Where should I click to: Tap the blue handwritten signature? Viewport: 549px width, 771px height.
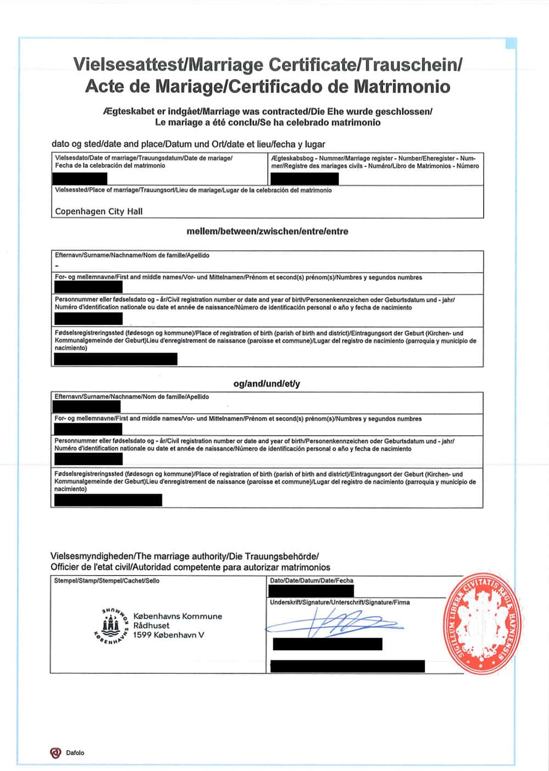[335, 624]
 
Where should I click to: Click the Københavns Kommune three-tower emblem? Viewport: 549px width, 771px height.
[111, 625]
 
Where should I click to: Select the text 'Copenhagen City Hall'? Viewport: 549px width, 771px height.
[99, 211]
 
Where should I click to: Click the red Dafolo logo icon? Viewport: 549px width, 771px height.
[55, 753]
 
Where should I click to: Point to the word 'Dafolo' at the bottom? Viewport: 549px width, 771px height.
[76, 753]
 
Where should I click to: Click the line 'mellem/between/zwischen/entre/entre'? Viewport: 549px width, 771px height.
[267, 232]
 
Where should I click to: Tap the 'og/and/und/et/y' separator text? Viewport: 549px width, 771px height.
[267, 384]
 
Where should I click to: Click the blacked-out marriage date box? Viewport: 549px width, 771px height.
[80, 178]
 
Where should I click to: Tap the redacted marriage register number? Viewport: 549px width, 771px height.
[304, 178]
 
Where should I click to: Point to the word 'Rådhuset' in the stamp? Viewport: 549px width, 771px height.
[152, 626]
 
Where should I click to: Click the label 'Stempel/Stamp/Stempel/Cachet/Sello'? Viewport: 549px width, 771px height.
[107, 581]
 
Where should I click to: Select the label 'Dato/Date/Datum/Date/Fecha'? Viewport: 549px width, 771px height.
[312, 581]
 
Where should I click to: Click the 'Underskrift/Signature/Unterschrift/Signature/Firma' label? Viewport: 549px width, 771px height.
[340, 603]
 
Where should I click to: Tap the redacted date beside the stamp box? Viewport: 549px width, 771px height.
[311, 591]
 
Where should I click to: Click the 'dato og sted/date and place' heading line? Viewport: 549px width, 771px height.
[188, 144]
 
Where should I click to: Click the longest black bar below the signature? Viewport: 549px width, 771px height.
[348, 666]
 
